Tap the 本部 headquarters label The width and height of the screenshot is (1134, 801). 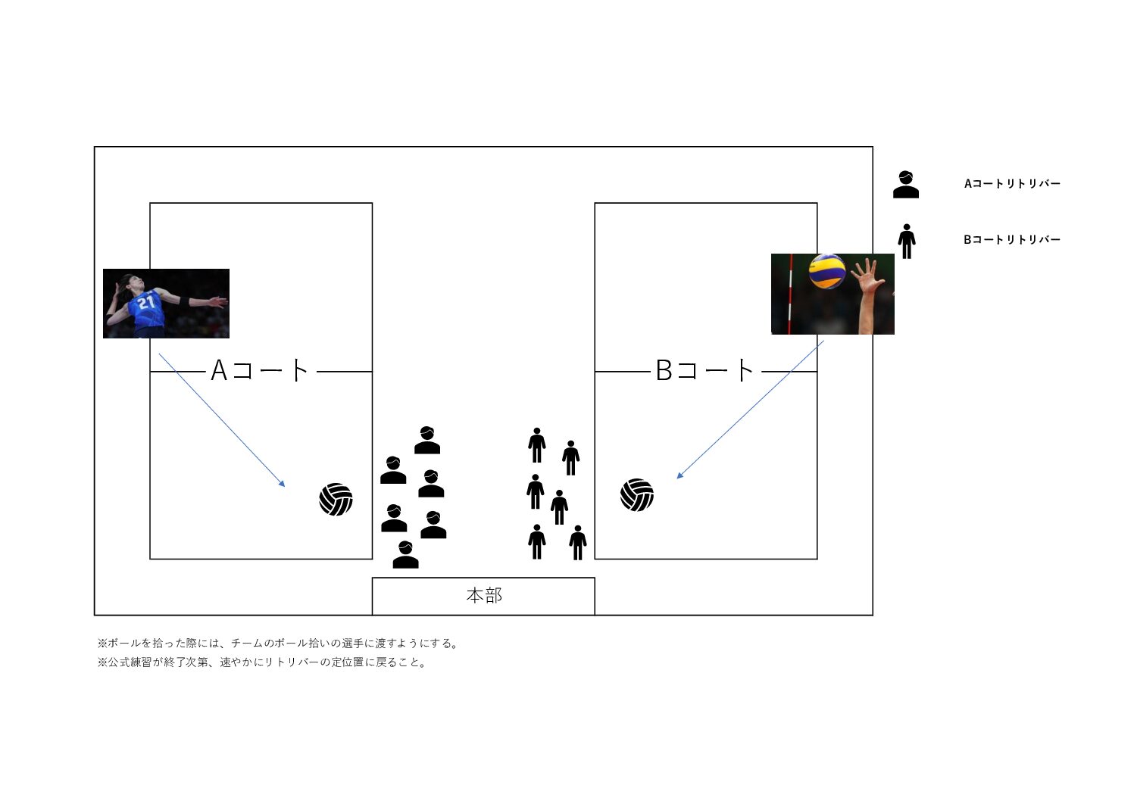coord(484,596)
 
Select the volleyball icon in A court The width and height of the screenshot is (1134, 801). coord(336,500)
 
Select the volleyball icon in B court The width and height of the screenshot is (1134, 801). coord(637,495)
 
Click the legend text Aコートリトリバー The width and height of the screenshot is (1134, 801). coord(1012,184)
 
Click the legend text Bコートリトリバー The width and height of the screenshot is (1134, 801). coord(1012,240)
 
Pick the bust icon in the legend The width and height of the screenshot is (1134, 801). coord(906,184)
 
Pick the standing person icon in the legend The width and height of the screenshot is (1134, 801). coord(907,242)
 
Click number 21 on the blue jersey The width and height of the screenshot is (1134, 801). coord(146,302)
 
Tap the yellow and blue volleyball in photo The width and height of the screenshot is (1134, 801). coord(827,271)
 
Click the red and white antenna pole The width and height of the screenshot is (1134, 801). coord(790,294)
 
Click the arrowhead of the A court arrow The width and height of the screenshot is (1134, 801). coord(283,484)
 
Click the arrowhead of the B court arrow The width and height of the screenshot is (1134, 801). coord(680,475)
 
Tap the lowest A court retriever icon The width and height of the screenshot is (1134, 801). coord(405,555)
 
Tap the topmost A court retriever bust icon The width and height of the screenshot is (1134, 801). coord(426,440)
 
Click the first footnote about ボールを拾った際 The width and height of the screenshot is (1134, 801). coord(279,643)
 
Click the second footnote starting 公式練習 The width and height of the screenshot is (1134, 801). coord(262,662)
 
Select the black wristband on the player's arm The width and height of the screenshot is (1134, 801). coord(184,301)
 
